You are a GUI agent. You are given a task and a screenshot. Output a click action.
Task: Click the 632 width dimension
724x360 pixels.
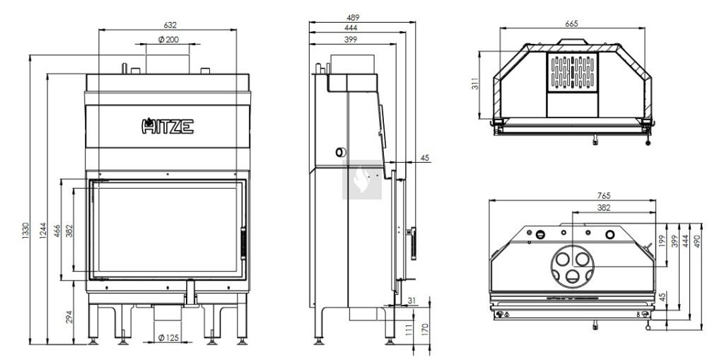click(170, 25)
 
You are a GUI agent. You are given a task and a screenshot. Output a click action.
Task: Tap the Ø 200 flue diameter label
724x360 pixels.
click(168, 40)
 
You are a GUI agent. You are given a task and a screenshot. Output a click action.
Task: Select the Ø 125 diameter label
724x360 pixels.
click(168, 338)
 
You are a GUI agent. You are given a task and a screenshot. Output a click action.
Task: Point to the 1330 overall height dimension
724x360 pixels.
click(25, 231)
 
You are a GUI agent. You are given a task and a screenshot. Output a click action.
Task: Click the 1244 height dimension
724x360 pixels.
click(43, 231)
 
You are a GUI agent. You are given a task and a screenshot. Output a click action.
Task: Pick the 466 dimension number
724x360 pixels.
click(57, 231)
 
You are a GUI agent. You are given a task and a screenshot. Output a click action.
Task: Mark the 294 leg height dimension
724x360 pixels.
click(69, 317)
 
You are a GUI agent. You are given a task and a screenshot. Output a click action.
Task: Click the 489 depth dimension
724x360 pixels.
click(353, 18)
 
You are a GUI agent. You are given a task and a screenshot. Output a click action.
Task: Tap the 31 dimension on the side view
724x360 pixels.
click(412, 301)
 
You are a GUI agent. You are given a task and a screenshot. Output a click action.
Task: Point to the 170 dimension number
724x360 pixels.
click(425, 330)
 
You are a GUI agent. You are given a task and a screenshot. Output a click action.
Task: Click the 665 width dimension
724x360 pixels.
click(571, 23)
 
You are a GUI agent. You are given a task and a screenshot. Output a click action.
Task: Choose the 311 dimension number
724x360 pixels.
click(476, 84)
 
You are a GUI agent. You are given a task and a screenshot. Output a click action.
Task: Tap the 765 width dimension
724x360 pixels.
click(604, 196)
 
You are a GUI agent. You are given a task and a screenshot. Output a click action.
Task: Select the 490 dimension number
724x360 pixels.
click(697, 240)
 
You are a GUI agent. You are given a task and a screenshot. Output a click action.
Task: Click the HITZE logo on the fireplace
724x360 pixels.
click(168, 126)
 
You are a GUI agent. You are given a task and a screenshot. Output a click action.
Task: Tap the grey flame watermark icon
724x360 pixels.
click(362, 180)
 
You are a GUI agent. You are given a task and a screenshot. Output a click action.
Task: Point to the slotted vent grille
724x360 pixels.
click(573, 72)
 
